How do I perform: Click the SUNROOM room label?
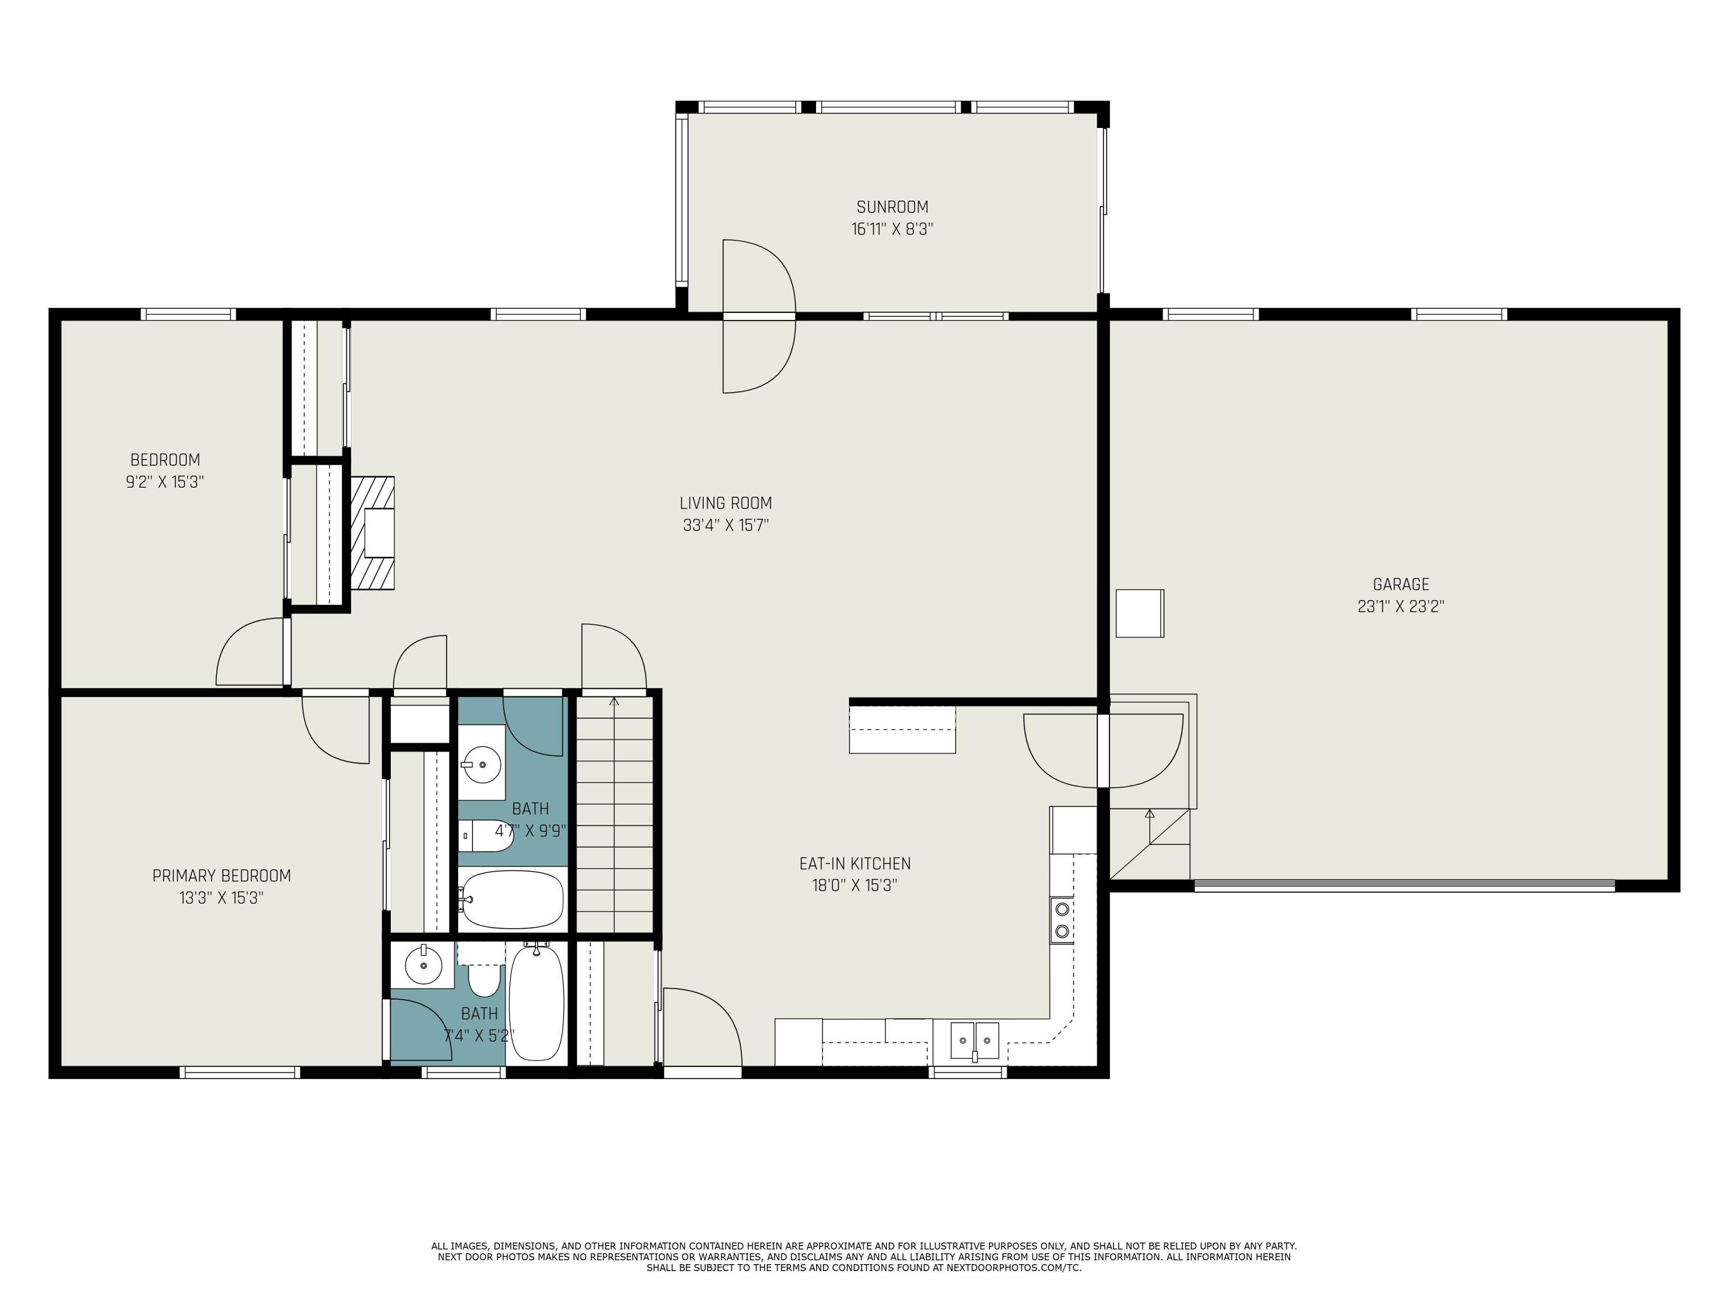coord(892,207)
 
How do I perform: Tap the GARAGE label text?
coord(1400,584)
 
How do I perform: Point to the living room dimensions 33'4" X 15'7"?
coord(726,525)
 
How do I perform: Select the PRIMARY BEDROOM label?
coord(221,876)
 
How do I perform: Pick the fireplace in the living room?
coord(372,533)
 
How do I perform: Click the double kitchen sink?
coord(975,1040)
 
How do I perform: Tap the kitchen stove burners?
coord(1062,919)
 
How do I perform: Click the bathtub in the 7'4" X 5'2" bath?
coord(536,1003)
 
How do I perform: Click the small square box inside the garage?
coord(1139,614)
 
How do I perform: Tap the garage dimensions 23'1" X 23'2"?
coord(1400,606)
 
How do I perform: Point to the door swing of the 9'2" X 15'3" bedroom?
coord(250,652)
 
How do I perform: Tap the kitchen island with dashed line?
coord(902,729)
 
